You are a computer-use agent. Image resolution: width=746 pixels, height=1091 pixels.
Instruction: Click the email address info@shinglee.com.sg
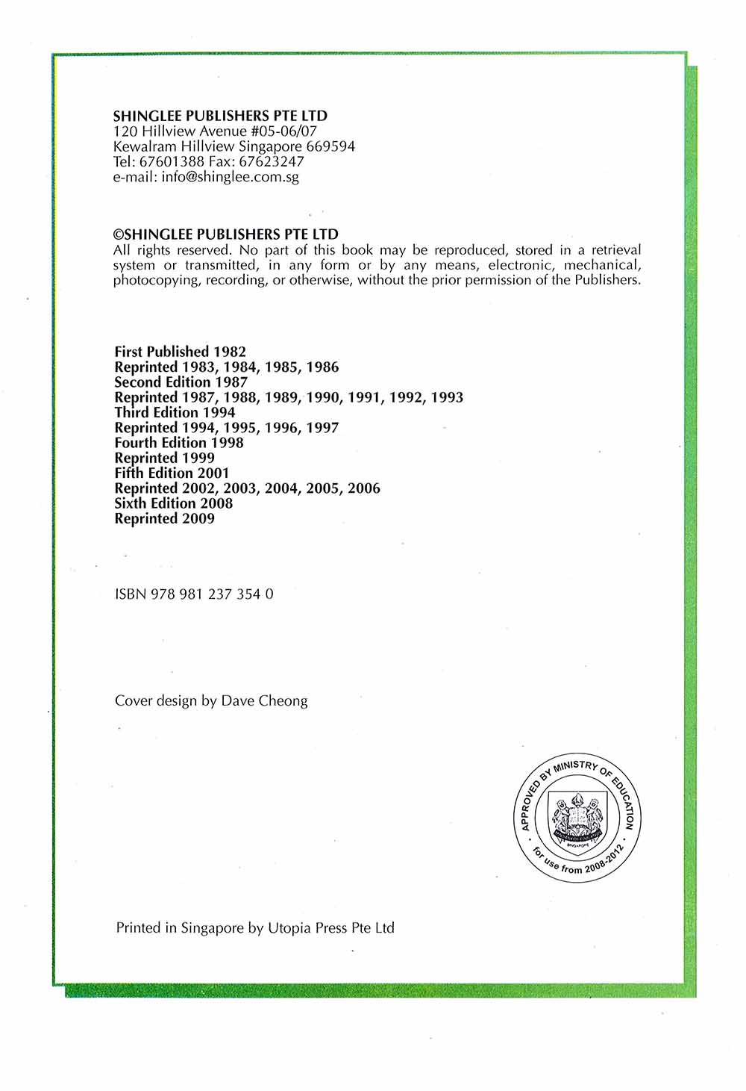coord(230,177)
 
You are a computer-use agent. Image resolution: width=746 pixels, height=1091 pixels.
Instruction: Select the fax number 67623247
coord(271,161)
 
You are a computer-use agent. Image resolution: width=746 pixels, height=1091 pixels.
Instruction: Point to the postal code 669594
coord(330,146)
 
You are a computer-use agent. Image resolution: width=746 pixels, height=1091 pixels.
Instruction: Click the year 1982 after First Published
coord(230,351)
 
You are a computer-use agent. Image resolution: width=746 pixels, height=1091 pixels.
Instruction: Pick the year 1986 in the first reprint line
coord(322,367)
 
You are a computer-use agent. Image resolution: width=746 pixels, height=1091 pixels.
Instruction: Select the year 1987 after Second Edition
coord(231,382)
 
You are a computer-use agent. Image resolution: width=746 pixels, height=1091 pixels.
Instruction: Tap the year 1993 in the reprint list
coord(447,397)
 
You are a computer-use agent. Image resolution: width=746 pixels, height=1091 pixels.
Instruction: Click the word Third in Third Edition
coord(132,412)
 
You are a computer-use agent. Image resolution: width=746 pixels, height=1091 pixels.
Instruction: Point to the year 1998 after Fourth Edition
coord(227,442)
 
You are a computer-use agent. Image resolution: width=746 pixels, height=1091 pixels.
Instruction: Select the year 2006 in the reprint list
coord(363,488)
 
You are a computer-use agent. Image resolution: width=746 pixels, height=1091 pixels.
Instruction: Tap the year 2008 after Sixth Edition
coord(216,503)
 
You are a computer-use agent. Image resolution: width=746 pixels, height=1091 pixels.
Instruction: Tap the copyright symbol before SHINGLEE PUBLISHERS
coord(116,234)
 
